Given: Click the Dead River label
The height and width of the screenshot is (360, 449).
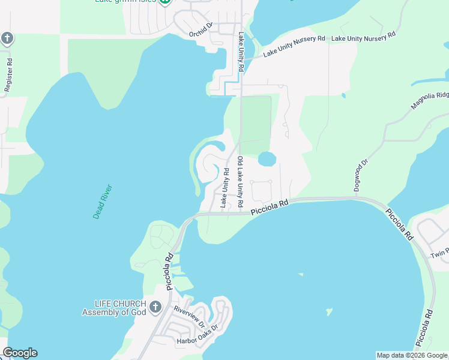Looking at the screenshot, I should pyautogui.click(x=103, y=202).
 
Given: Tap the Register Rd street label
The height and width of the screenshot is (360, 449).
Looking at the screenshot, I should pyautogui.click(x=8, y=75).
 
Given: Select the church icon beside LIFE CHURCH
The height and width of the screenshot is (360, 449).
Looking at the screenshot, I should pyautogui.click(x=155, y=308).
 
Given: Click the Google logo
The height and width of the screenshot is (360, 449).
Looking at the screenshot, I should pyautogui.click(x=20, y=353).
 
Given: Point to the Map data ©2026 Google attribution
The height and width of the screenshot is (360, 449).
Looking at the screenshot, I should pyautogui.click(x=411, y=355).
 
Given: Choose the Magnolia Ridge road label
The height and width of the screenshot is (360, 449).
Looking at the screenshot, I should pyautogui.click(x=430, y=100).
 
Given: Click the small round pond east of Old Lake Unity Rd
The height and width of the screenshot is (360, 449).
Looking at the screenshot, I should pyautogui.click(x=267, y=159).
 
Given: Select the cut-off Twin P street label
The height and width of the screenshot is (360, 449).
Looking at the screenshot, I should pyautogui.click(x=439, y=255).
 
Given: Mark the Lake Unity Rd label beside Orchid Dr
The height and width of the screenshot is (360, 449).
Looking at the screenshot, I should pyautogui.click(x=241, y=53).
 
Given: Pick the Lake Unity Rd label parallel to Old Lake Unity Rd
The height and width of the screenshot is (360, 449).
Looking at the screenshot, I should pyautogui.click(x=224, y=188).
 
